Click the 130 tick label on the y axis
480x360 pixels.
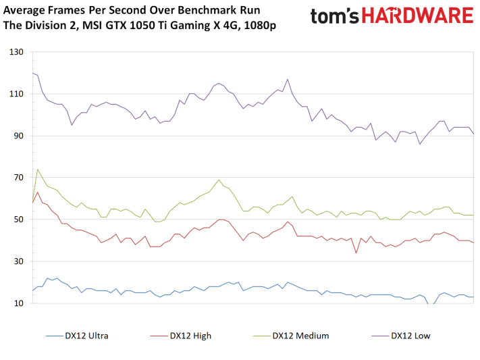(x=16, y=52)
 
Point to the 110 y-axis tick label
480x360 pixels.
(x=16, y=94)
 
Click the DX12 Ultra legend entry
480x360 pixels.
(x=77, y=336)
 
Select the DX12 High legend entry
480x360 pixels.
(x=181, y=336)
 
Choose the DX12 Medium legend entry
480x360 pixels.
(x=291, y=336)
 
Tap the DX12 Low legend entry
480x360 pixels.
(x=401, y=336)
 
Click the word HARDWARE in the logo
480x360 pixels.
(x=417, y=16)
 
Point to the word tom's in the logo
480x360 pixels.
(x=335, y=16)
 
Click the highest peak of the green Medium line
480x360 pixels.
(x=38, y=169)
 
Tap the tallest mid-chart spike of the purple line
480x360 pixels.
(x=288, y=79)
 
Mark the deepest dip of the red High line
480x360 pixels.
(x=356, y=253)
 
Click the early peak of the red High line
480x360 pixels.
(x=38, y=192)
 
